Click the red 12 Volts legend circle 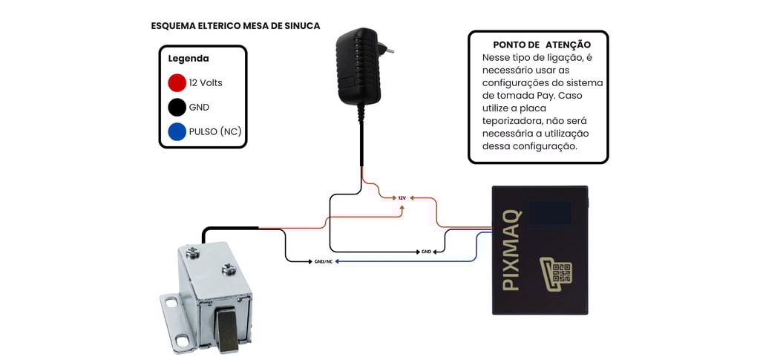click(x=177, y=82)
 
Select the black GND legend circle click(x=177, y=107)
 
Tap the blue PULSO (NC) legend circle click(x=177, y=131)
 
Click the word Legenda click(x=189, y=59)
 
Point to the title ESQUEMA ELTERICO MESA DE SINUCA click(x=235, y=26)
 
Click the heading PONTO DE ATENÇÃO click(x=542, y=45)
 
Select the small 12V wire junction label click(x=402, y=198)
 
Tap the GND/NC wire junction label click(x=324, y=261)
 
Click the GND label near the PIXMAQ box click(x=426, y=252)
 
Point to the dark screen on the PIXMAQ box click(x=549, y=213)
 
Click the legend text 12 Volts click(x=206, y=83)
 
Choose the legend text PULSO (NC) click(x=215, y=132)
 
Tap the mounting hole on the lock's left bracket click(x=171, y=302)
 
